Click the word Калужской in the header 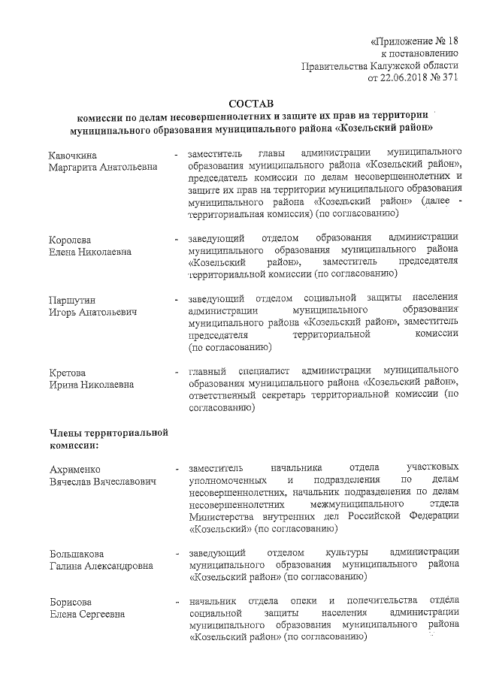389,65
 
